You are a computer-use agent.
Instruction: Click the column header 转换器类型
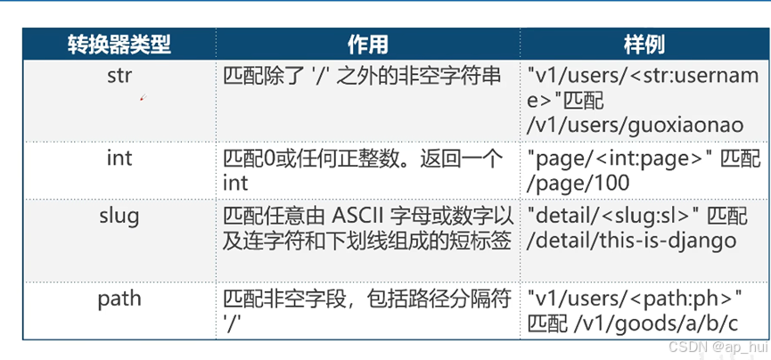click(x=119, y=44)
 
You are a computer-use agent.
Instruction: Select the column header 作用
click(x=367, y=44)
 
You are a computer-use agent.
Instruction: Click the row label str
click(x=119, y=75)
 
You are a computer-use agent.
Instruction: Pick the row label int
click(x=119, y=158)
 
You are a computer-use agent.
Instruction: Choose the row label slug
click(x=119, y=216)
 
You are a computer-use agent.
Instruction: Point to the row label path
click(x=119, y=298)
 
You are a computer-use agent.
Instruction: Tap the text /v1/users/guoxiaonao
click(x=635, y=125)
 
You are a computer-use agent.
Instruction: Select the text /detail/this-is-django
click(x=633, y=241)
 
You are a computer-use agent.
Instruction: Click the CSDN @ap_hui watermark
click(x=726, y=346)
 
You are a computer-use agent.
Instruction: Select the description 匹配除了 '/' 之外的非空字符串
click(x=362, y=75)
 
